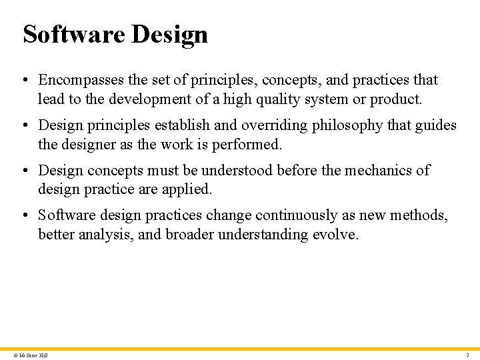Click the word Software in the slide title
[x=73, y=34]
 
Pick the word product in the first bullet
[x=397, y=99]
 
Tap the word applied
[x=189, y=189]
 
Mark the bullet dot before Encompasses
[x=23, y=80]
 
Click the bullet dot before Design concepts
[x=23, y=170]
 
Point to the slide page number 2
[x=467, y=355]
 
